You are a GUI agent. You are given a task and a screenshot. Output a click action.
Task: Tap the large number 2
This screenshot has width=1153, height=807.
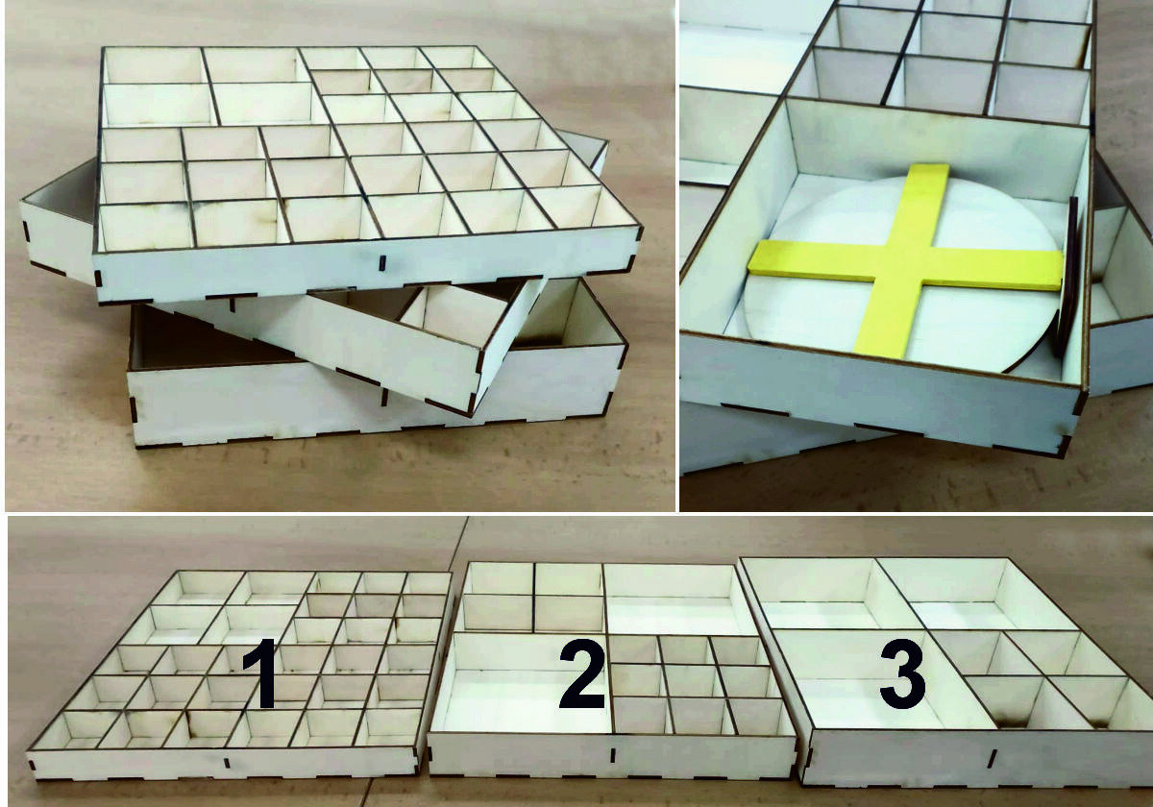click(582, 673)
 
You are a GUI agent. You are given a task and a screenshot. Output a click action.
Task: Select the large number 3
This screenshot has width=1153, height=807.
click(902, 673)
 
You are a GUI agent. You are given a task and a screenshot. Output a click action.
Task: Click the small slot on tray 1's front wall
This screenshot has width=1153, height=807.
click(226, 762)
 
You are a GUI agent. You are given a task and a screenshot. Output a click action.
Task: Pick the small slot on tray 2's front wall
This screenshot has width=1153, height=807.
click(613, 755)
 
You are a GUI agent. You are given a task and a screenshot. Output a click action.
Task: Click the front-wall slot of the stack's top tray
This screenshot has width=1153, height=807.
click(382, 262)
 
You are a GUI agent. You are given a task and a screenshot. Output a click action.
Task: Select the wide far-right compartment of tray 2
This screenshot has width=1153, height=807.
click(678, 599)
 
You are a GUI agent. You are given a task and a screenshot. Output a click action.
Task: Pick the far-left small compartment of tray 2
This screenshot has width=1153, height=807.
click(500, 578)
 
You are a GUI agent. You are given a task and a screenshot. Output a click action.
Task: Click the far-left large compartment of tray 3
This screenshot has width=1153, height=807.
click(819, 595)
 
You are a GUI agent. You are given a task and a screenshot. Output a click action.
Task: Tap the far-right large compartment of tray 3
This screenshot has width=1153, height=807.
click(972, 595)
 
